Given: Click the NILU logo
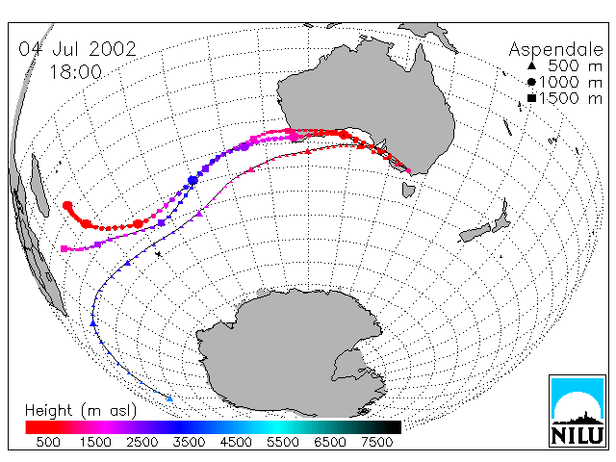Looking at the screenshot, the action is point(577,411).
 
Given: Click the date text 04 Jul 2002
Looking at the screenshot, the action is point(77,49).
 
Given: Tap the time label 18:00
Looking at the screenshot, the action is point(75,72).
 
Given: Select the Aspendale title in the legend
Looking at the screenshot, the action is point(555,50).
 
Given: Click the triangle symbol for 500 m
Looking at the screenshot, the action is point(531,65).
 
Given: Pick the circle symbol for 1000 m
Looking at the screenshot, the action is point(531,82).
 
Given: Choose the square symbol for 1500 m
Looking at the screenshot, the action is point(531,98).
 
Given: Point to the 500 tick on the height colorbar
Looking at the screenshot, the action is point(48,443).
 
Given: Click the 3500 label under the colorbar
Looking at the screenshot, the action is point(189,443).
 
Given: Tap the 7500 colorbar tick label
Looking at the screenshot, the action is point(376,443).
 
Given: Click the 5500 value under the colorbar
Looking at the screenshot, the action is point(283,443).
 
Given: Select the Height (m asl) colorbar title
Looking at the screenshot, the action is point(81,411).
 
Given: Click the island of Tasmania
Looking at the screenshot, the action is point(408,191).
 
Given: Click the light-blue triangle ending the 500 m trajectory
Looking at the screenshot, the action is point(169,398).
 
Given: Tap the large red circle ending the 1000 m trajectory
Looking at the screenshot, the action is point(67,205).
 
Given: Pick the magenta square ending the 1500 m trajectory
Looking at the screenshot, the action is point(64,248).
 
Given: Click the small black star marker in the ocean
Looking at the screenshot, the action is point(158,254).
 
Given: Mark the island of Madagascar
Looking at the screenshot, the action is point(39,186).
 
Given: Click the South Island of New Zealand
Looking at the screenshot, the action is point(475,233).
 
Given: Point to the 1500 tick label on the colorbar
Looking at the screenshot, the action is point(95,443).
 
